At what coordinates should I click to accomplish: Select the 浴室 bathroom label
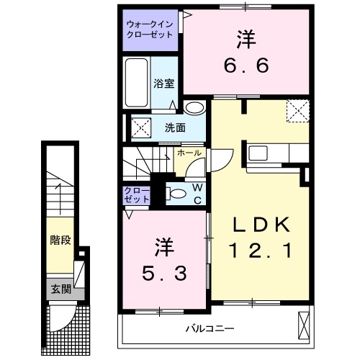coord(163,84)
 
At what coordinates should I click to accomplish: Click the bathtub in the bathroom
coord(138,84)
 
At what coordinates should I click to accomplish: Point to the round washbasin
coord(194,109)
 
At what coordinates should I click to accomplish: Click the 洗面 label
coord(174,128)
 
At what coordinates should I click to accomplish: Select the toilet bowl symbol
coord(172,192)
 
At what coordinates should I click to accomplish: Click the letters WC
coord(197,193)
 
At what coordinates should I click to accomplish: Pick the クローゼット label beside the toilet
coord(137,194)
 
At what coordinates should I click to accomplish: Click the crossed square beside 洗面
coord(140,128)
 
